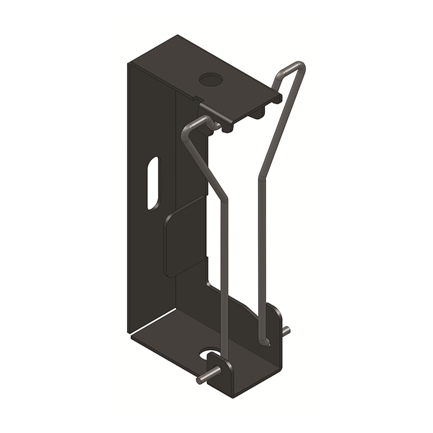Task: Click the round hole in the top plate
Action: point(211,80)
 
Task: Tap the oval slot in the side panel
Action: point(153,183)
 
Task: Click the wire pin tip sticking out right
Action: point(286,330)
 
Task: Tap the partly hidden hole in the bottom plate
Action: point(208,355)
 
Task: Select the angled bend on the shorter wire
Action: point(224,197)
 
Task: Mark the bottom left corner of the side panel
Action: point(129,331)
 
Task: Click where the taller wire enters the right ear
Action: point(264,340)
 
